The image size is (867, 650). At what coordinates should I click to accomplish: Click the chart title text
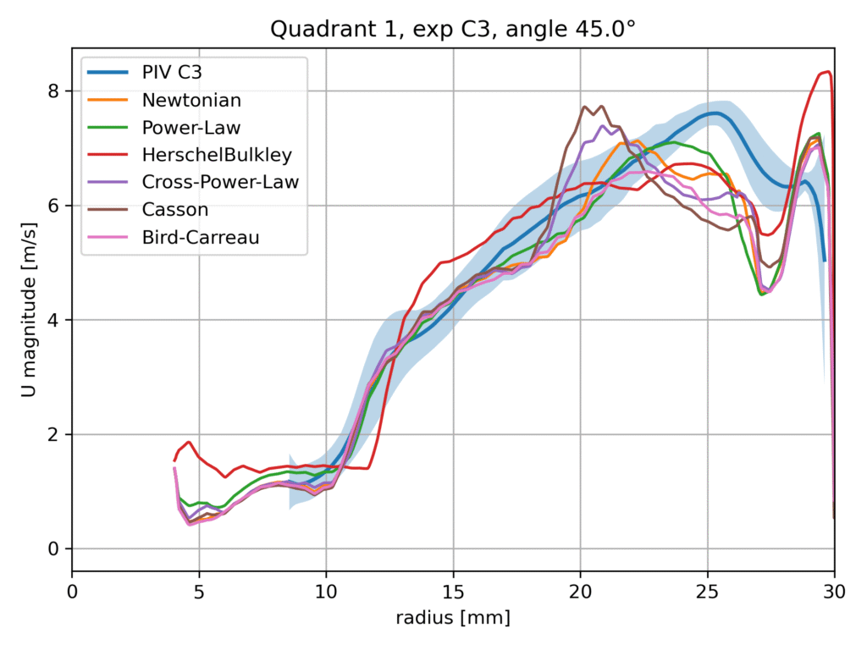pos(453,30)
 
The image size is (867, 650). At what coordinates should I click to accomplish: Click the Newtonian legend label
pos(191,100)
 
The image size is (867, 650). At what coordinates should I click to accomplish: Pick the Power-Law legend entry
pos(191,128)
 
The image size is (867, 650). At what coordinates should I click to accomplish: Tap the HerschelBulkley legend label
pos(216,155)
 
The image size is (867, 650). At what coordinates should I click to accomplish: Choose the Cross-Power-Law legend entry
pos(220,183)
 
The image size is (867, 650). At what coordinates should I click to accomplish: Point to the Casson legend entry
pos(174,210)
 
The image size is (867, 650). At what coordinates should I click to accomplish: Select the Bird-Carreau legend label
pos(201,238)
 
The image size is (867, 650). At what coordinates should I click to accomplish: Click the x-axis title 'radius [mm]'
pos(453,619)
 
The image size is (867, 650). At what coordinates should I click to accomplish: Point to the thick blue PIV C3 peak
pos(715,113)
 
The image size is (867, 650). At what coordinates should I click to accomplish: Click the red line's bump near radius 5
pos(190,442)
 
